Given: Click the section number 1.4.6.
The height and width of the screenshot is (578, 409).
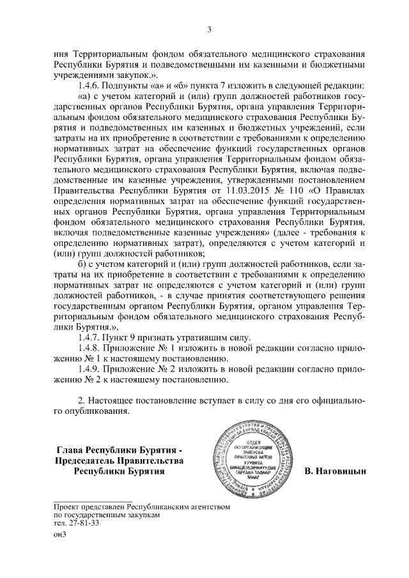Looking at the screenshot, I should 89,86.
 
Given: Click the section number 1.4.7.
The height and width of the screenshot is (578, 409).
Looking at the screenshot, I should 89,338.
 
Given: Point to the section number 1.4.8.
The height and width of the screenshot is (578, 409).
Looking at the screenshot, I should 89,349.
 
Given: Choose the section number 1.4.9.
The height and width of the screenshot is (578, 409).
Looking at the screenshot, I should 89,374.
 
